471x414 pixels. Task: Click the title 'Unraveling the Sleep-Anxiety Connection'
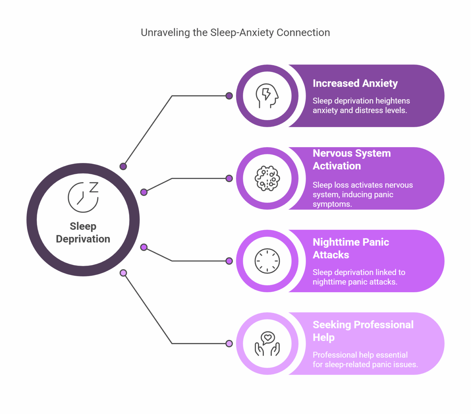(235, 33)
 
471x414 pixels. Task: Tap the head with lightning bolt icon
(267, 96)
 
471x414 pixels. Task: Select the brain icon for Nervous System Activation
(267, 178)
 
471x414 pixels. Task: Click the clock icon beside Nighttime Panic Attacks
(267, 261)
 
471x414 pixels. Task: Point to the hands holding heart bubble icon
(267, 344)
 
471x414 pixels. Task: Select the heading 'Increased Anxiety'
(355, 83)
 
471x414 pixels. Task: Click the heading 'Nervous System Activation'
(351, 159)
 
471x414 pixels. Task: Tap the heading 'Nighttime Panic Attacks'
(350, 248)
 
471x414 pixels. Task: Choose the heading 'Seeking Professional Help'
(363, 331)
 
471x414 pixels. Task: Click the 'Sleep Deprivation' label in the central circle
(83, 232)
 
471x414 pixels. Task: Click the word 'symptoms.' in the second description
(332, 204)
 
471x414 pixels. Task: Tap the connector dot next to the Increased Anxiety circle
(229, 96)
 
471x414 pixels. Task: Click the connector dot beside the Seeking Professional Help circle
(229, 343)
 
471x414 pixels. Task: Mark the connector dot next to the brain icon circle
(229, 178)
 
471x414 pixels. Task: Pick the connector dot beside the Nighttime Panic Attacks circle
(229, 261)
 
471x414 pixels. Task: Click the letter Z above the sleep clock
(94, 187)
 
